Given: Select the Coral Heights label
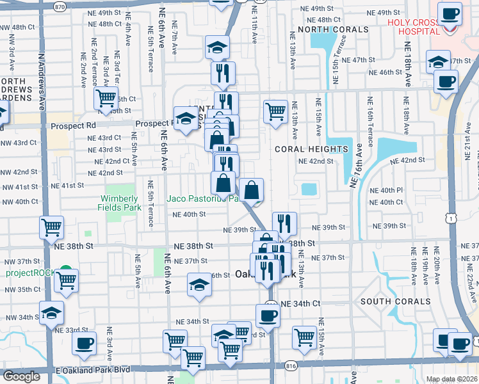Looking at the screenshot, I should pyautogui.click(x=311, y=149).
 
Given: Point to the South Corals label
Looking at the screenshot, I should pyautogui.click(x=395, y=301).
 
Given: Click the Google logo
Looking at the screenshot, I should pyautogui.click(x=21, y=376).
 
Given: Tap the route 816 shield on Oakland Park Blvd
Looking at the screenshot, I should pyautogui.click(x=291, y=365).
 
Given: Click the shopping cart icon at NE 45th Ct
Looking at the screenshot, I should pyautogui.click(x=106, y=99).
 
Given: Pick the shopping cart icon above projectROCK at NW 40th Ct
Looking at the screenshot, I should pyautogui.click(x=51, y=227).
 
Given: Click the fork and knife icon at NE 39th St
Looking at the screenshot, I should pyautogui.click(x=284, y=223).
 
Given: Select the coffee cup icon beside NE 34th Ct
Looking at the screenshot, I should pyautogui.click(x=268, y=314).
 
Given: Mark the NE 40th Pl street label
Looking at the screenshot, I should pyautogui.click(x=391, y=190).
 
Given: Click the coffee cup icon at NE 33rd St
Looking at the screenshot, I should pyautogui.click(x=84, y=342).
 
